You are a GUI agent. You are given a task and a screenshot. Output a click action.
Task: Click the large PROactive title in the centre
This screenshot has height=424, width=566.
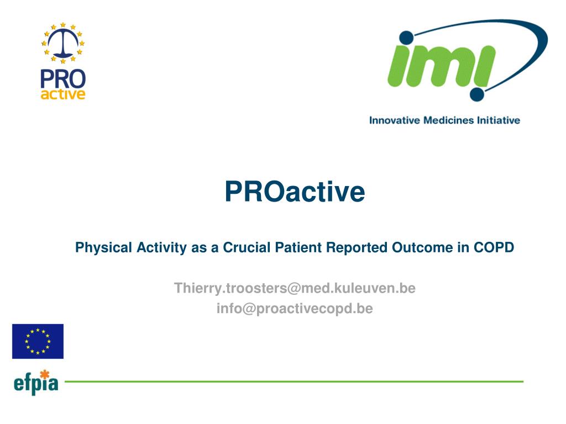coord(295,191)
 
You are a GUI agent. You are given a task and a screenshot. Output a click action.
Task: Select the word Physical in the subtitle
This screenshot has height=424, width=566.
coord(103,248)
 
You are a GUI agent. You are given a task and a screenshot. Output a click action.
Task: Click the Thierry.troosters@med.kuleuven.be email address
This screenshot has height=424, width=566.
coord(295,288)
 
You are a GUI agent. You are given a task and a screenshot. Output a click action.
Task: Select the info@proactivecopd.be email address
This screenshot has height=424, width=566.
coord(295,309)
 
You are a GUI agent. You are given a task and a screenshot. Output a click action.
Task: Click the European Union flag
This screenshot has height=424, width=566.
coord(38,341)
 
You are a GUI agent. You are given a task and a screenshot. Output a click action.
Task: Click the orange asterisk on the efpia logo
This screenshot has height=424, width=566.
coord(44,374)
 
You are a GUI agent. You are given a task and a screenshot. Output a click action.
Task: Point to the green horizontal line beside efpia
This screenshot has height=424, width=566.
coord(294,381)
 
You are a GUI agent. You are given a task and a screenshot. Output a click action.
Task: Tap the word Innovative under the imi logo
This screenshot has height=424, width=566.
coord(395,120)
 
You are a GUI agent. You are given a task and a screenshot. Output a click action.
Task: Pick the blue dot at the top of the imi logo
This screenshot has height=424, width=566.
coord(407,38)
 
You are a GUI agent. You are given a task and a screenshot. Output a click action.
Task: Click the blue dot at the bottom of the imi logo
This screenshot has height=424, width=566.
coord(477,94)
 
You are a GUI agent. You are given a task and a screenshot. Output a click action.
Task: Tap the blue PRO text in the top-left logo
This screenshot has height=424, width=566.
coord(63,79)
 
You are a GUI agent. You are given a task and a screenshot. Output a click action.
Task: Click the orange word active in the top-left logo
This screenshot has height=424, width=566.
coord(63,94)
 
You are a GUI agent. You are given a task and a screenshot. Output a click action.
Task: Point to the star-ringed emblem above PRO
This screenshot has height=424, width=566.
coord(63,43)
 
